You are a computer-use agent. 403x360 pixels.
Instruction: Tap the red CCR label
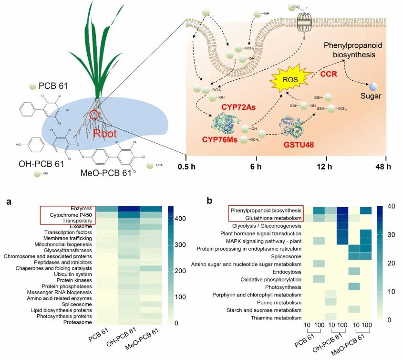click(329, 74)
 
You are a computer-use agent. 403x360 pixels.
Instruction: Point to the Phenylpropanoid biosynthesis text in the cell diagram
click(353, 50)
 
